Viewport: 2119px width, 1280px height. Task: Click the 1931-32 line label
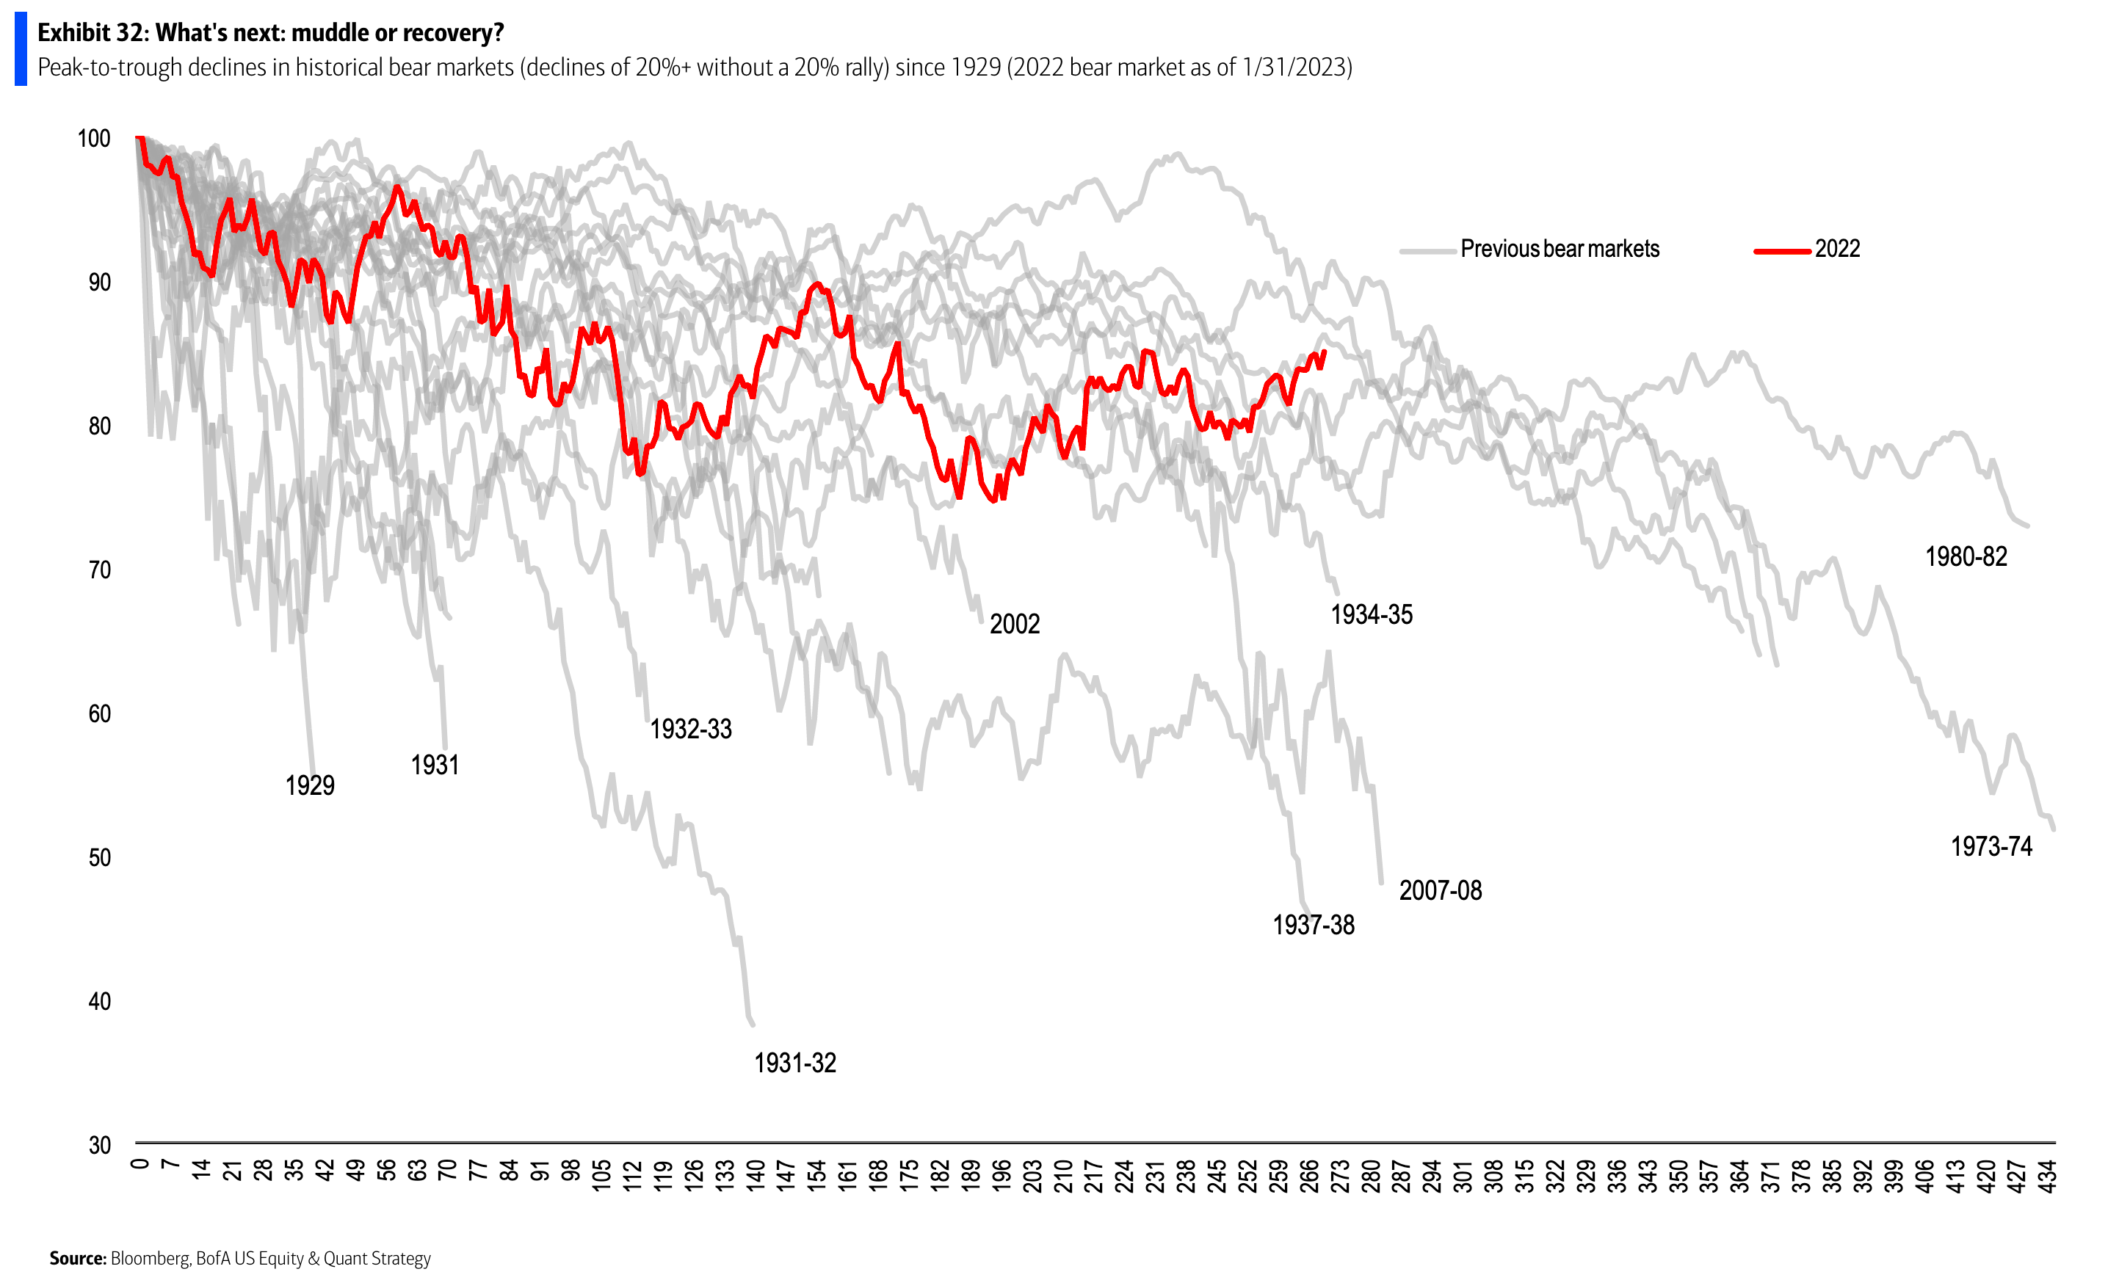(x=794, y=1063)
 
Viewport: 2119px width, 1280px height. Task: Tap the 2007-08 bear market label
(x=1441, y=890)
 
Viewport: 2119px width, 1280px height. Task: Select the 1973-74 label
(x=1991, y=847)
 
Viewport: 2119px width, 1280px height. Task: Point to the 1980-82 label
(x=1966, y=557)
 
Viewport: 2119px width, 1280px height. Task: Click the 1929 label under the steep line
(x=310, y=786)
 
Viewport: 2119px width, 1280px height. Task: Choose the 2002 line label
(x=1015, y=624)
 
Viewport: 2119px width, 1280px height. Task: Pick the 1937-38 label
(x=1314, y=926)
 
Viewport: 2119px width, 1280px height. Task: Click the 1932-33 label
(x=691, y=730)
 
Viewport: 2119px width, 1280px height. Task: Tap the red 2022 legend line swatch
(x=1782, y=251)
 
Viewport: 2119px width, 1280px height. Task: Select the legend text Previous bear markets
(x=1560, y=250)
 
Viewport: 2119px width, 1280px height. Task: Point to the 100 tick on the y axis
(x=94, y=139)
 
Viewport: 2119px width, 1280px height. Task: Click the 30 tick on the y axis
(x=100, y=1145)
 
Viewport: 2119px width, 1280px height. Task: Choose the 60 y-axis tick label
(x=100, y=713)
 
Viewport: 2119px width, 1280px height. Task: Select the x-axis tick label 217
(x=1093, y=1176)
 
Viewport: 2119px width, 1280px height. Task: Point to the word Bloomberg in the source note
(x=150, y=1259)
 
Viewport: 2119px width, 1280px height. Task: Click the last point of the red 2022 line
(x=1325, y=351)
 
